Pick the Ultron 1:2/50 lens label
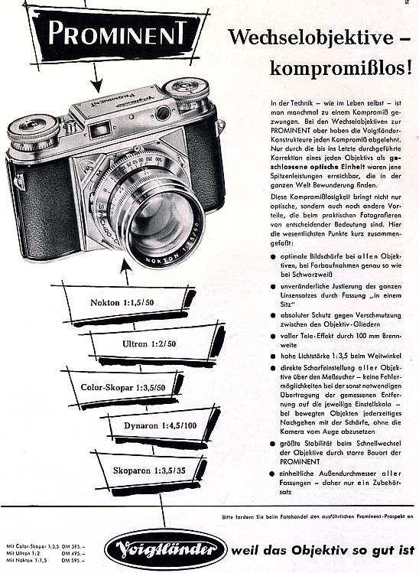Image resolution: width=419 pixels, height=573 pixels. point(149,344)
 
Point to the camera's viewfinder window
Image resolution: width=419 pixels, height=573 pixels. point(163,112)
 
